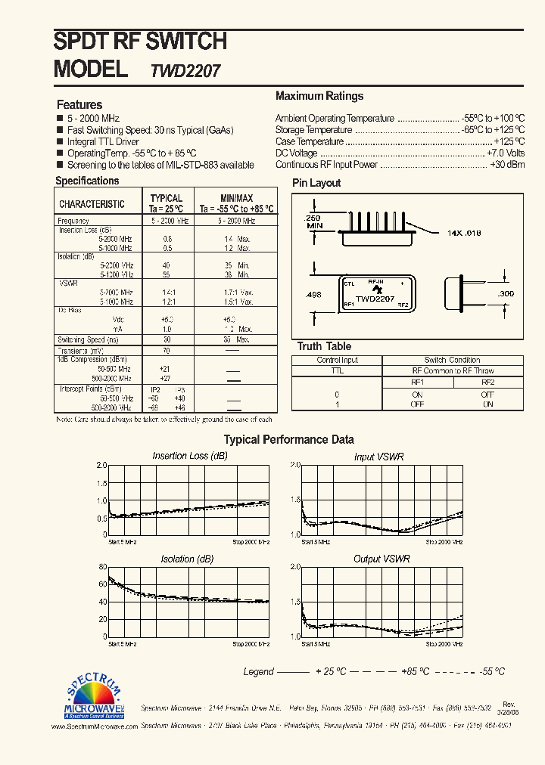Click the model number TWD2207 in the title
tap(185, 71)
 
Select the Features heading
tap(79, 104)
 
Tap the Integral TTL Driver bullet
tap(103, 141)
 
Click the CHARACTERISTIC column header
tap(92, 204)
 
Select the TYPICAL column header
tap(167, 198)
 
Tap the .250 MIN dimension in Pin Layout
tap(314, 221)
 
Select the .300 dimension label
tap(506, 293)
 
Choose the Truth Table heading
tap(324, 346)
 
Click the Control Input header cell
tap(338, 360)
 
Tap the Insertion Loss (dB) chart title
tap(189, 456)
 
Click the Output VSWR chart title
tap(381, 559)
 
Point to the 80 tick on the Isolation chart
tap(102, 567)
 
